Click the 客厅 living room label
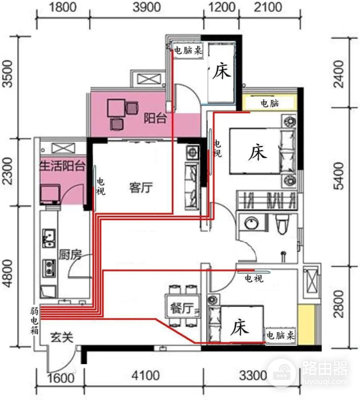141,188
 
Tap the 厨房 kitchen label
70,254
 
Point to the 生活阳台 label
61,166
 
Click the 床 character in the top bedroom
221,73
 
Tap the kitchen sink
49,237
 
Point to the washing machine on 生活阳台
50,194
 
